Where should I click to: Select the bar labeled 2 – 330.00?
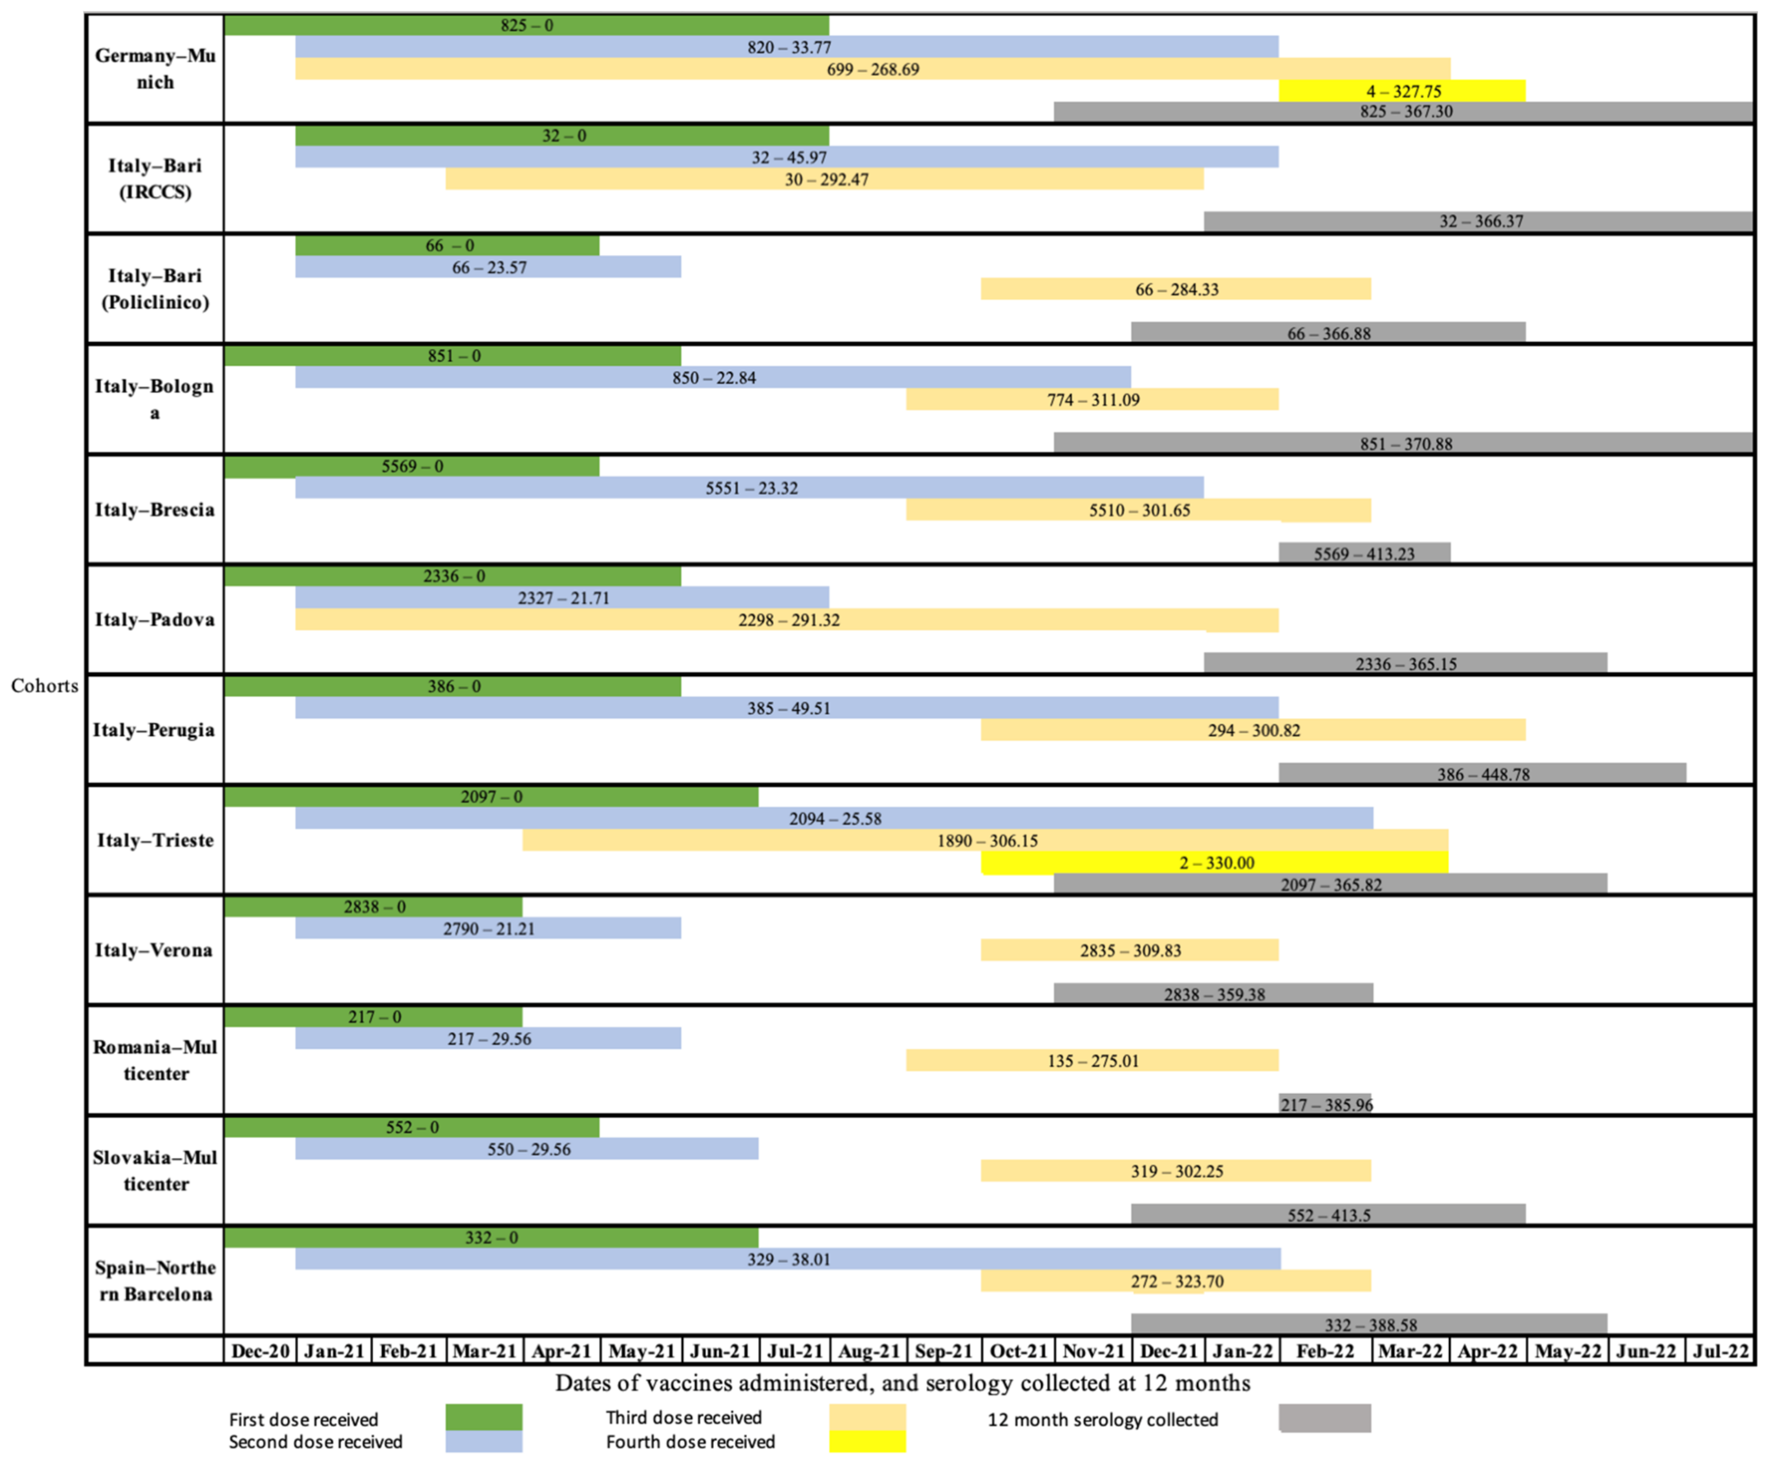[x=1215, y=862]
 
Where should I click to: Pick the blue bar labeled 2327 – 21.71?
[x=562, y=597]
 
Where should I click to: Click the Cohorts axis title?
[x=45, y=686]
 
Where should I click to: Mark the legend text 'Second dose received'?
[x=316, y=1441]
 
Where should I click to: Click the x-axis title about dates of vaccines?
[x=902, y=1383]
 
